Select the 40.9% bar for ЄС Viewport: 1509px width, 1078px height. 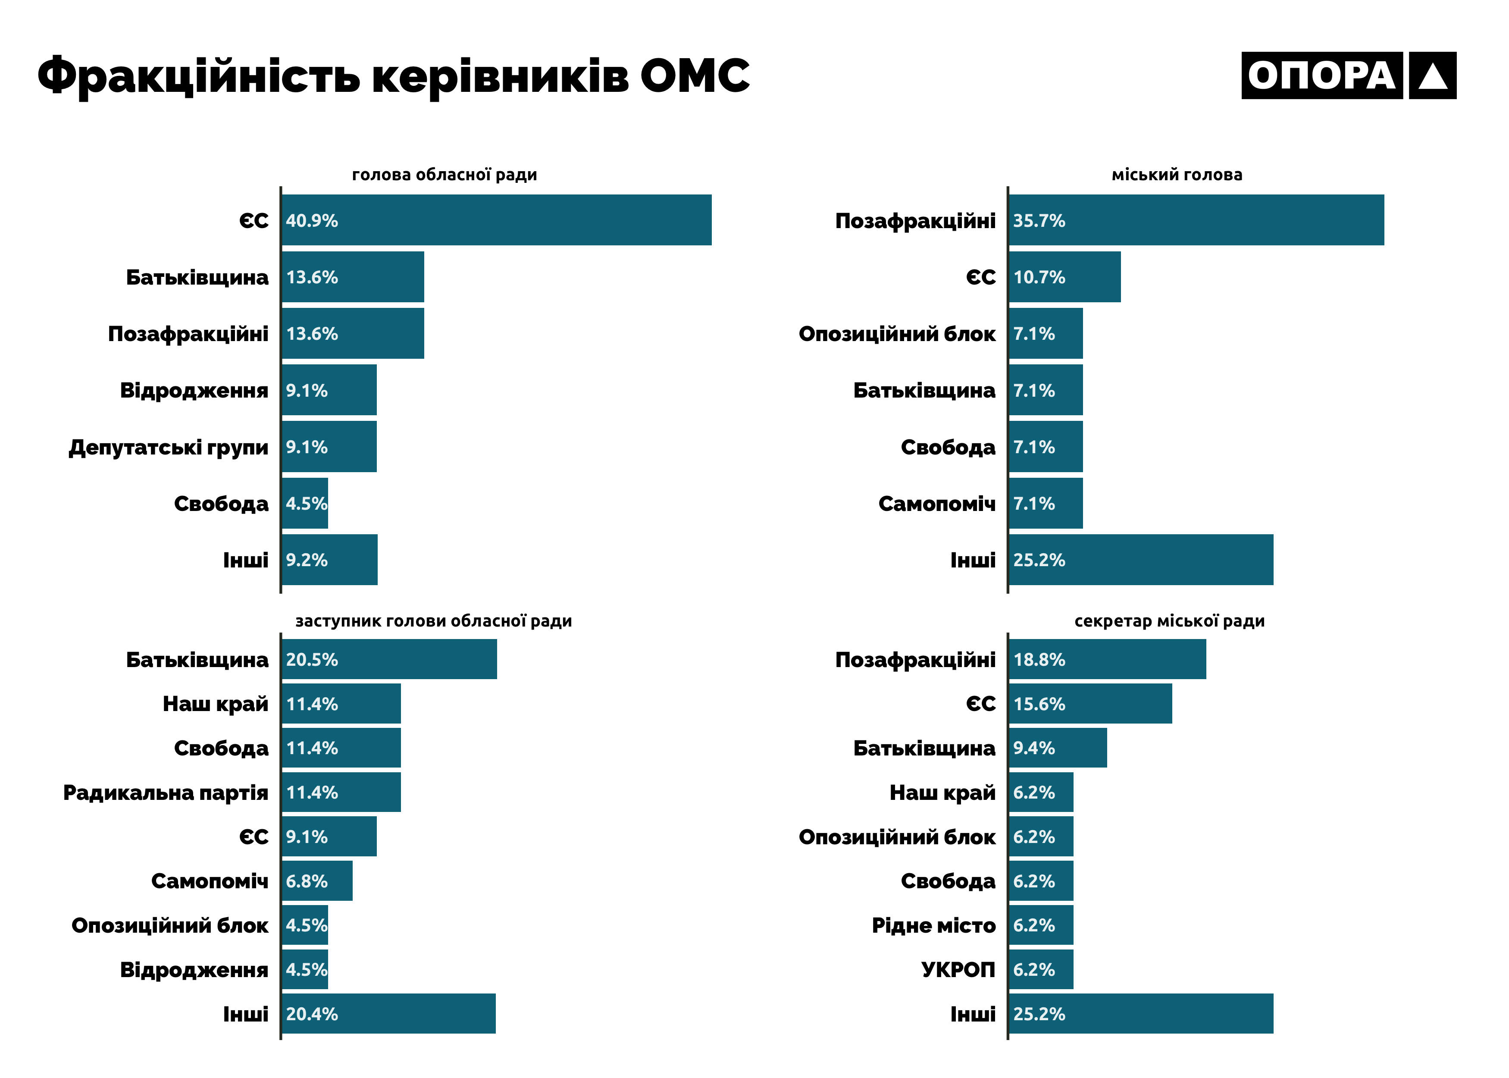pyautogui.click(x=496, y=220)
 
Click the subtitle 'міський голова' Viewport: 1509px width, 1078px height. pyautogui.click(x=1177, y=175)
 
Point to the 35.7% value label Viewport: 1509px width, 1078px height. pyautogui.click(x=1039, y=220)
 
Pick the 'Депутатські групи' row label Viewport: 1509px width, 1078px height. pyautogui.click(x=169, y=448)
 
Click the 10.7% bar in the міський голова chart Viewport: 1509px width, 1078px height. pyautogui.click(x=1064, y=277)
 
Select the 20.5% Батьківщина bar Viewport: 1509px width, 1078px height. pyautogui.click(x=389, y=659)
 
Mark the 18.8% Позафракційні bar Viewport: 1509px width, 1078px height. pyautogui.click(x=1107, y=659)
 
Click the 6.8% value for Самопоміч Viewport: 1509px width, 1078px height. pyautogui.click(x=307, y=881)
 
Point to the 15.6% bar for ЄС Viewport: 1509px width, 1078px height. pyautogui.click(x=1089, y=704)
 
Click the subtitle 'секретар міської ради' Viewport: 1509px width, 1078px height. pyautogui.click(x=1169, y=621)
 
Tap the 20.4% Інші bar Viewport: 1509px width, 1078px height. pyautogui.click(x=388, y=1014)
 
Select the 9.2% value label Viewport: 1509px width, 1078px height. pyautogui.click(x=307, y=560)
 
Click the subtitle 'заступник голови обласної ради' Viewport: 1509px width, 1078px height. pyautogui.click(x=433, y=621)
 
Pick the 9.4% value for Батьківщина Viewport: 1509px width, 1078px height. pyautogui.click(x=1033, y=748)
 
